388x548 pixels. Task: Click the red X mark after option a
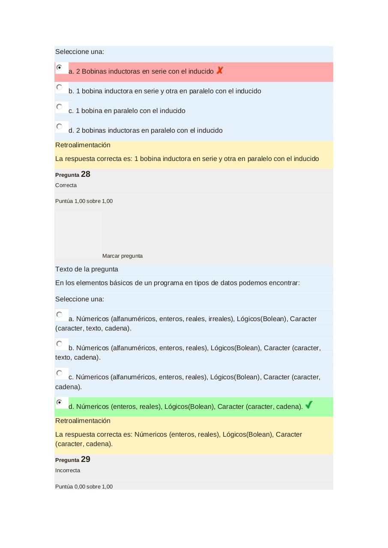click(219, 70)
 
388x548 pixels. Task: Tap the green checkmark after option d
click(309, 405)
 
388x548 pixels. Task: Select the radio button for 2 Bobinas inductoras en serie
click(60, 68)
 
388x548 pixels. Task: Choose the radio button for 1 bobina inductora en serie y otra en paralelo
click(60, 87)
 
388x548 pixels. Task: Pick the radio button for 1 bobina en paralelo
click(60, 107)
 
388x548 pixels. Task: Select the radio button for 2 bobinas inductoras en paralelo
click(60, 127)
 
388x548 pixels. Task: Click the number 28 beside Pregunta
click(85, 174)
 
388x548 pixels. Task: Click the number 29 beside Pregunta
click(85, 459)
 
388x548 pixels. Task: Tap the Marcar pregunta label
click(122, 256)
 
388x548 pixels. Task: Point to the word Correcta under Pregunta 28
click(66, 185)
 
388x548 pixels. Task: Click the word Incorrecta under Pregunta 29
click(68, 471)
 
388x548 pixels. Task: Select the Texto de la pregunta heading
click(87, 269)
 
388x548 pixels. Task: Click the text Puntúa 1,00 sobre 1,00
click(84, 201)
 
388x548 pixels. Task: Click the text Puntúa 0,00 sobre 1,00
click(84, 486)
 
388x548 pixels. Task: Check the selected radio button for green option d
click(60, 402)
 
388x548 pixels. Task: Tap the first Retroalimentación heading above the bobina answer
click(83, 145)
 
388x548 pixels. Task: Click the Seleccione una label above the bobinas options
click(80, 52)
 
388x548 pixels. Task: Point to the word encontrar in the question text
click(284, 283)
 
